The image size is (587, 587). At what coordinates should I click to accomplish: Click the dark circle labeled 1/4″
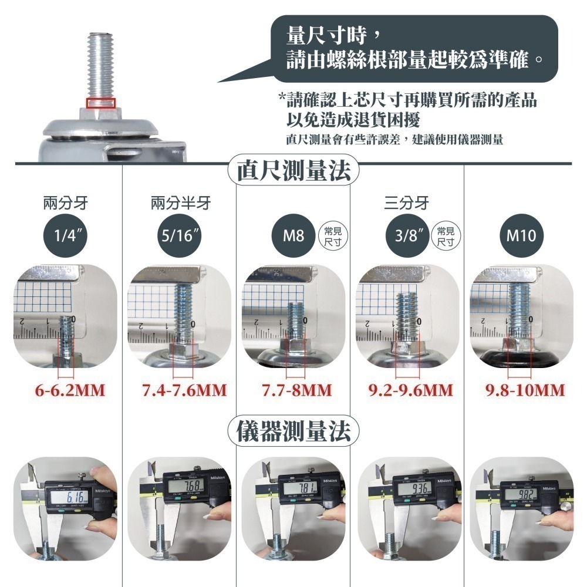click(x=66, y=237)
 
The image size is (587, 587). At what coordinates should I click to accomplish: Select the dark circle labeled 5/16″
click(x=180, y=237)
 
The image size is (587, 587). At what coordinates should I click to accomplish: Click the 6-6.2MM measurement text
click(x=68, y=390)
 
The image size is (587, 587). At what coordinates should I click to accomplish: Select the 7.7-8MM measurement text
click(x=296, y=390)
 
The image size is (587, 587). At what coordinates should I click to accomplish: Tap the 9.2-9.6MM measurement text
click(x=410, y=390)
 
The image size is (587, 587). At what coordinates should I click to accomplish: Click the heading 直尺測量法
click(x=293, y=171)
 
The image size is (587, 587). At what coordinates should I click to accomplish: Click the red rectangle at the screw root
click(x=100, y=103)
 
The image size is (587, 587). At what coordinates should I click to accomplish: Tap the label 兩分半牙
click(x=180, y=204)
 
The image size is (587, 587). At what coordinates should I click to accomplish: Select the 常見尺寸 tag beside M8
click(x=333, y=236)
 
